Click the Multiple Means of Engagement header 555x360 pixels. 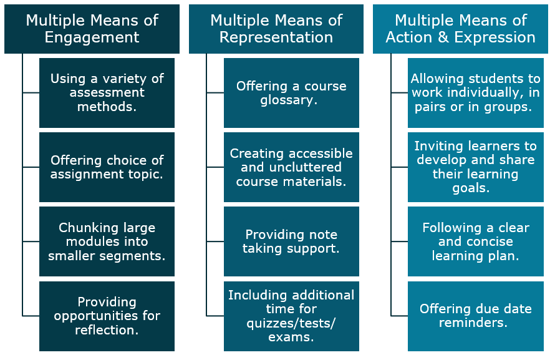click(x=92, y=29)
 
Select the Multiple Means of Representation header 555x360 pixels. click(x=276, y=29)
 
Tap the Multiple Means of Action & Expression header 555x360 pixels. click(x=460, y=29)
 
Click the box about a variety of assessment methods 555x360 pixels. click(x=107, y=93)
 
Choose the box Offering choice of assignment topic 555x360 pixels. click(x=107, y=167)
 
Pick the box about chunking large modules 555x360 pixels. click(x=107, y=241)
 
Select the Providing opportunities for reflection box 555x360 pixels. click(x=107, y=316)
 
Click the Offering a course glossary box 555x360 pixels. click(x=291, y=93)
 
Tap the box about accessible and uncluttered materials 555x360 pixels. click(x=291, y=167)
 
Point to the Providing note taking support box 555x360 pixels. click(x=291, y=241)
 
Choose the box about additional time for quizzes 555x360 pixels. click(x=291, y=316)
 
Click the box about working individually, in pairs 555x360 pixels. click(x=476, y=93)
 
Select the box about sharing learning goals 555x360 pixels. click(x=476, y=167)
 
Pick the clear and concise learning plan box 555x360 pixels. click(x=476, y=241)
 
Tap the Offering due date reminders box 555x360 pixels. click(x=476, y=316)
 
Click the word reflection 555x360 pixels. click(x=107, y=329)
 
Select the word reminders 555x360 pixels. click(x=473, y=323)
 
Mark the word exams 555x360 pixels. click(x=291, y=337)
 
